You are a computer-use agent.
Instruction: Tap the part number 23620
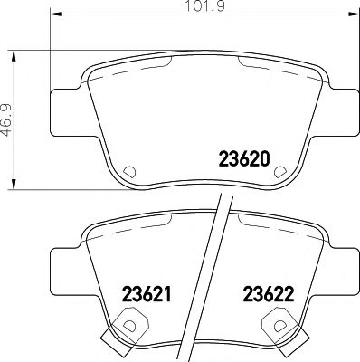pyautogui.click(x=244, y=155)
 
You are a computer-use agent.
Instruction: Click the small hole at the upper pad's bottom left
pyautogui.click(x=128, y=170)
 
